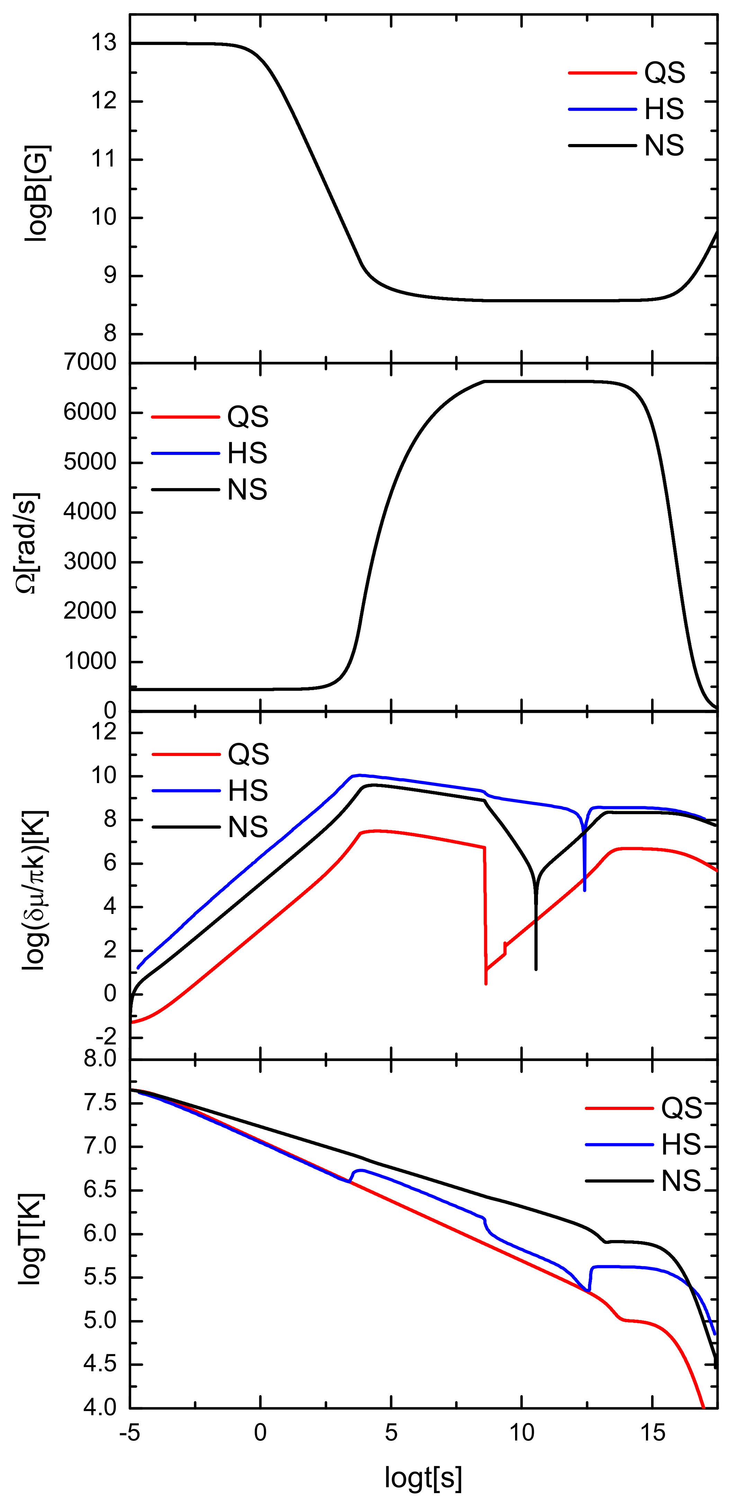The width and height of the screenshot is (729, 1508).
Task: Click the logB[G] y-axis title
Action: click(36, 193)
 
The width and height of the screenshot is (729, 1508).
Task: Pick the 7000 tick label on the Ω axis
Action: click(90, 362)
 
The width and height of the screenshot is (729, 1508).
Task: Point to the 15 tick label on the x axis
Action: click(652, 1432)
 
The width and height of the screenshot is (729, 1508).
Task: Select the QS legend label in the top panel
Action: click(665, 73)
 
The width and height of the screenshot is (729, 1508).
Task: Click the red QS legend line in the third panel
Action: click(186, 755)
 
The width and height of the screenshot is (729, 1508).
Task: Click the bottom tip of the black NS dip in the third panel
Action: click(536, 969)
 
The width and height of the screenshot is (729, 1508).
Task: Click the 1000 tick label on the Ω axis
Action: click(90, 662)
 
